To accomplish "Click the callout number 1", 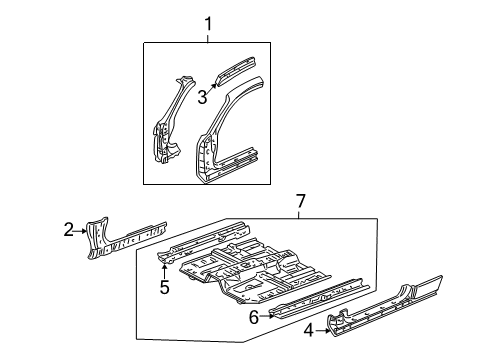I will pos(209,23).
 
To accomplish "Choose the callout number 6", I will pos(254,316).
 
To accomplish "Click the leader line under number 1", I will pos(209,38).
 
